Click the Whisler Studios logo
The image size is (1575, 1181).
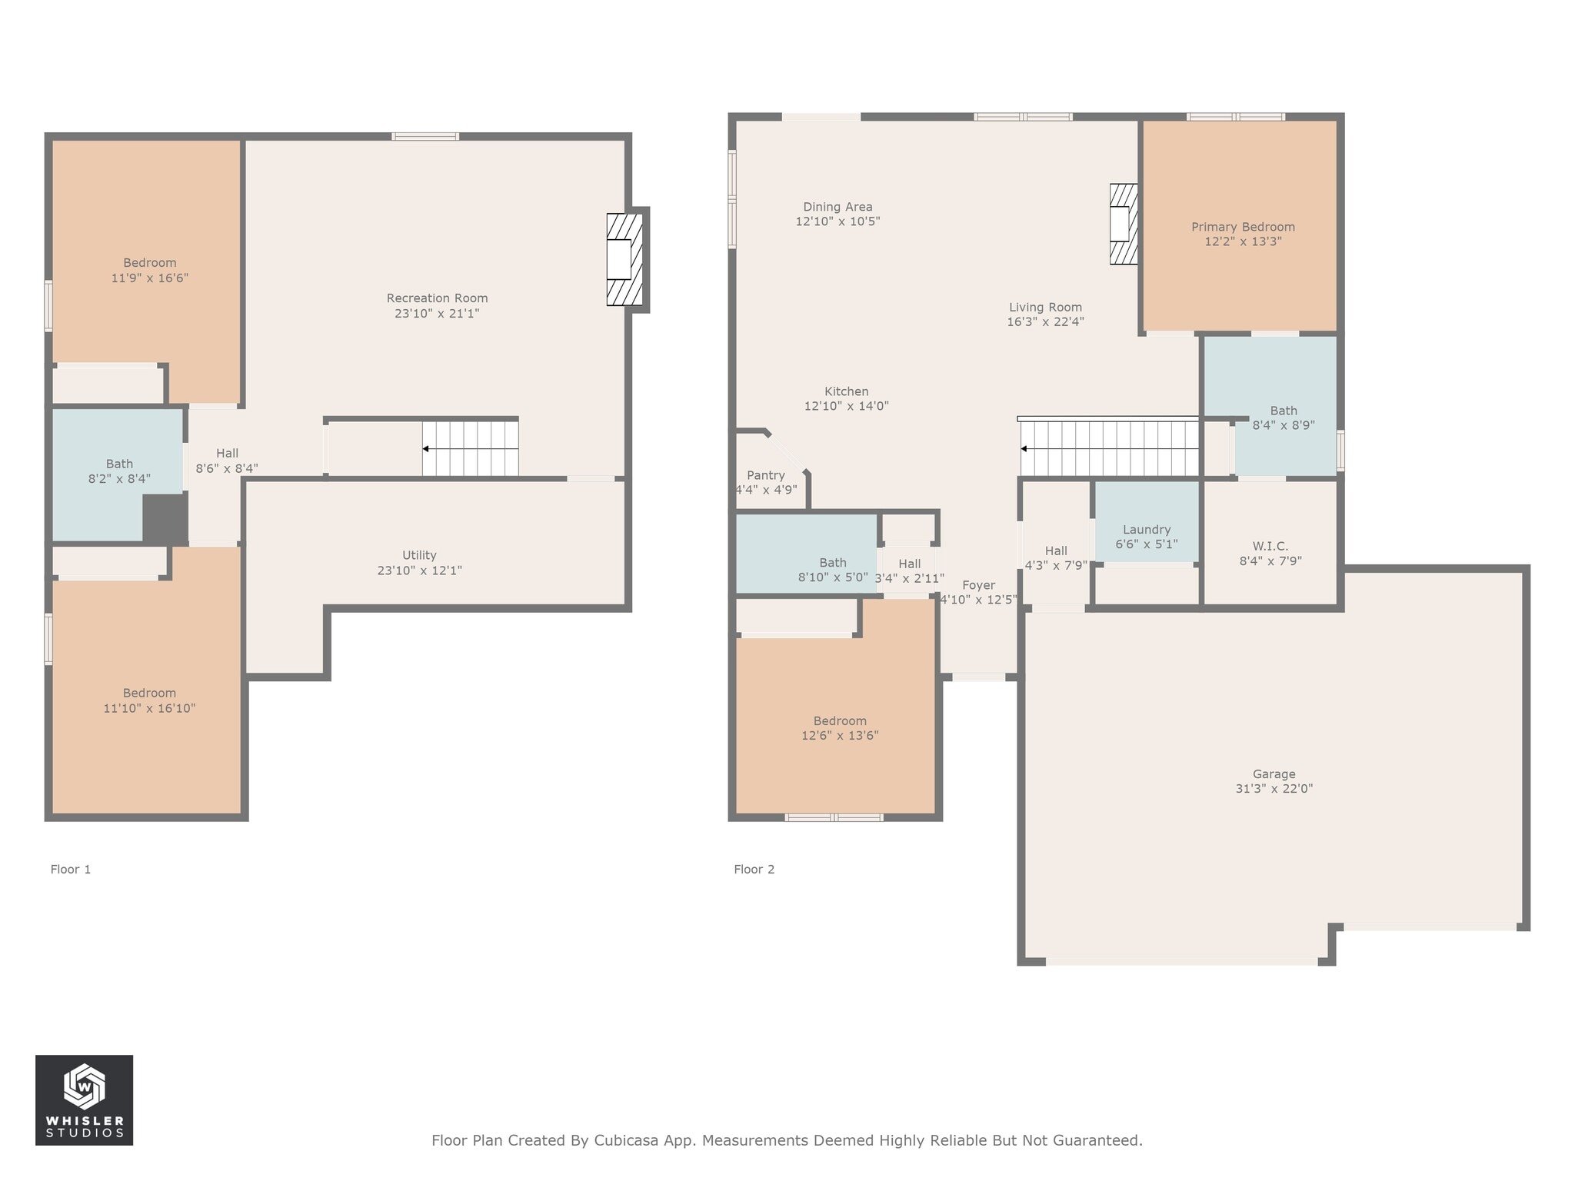tap(84, 1099)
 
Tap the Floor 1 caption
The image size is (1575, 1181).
tap(71, 869)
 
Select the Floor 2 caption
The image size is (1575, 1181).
tap(754, 869)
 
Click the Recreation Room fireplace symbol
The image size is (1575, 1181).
tap(624, 260)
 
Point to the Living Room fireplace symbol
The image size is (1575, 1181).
tap(1123, 224)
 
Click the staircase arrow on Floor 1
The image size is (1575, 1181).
tap(426, 448)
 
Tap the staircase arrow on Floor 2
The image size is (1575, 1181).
tap(1024, 448)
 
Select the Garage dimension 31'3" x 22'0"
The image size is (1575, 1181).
tap(1274, 788)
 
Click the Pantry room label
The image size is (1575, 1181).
tap(765, 475)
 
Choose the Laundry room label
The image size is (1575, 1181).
tap(1146, 529)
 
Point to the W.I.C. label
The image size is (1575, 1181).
tap(1270, 546)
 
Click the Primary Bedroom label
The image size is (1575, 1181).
tap(1243, 227)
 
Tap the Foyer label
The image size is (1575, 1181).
tap(978, 585)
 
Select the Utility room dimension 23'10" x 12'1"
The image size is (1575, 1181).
tap(419, 571)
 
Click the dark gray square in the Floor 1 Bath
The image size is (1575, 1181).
tap(165, 519)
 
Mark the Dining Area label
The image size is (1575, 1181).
tap(837, 207)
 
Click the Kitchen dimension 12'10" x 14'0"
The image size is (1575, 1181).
tap(846, 406)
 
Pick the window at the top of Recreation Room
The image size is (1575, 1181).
tap(425, 137)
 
